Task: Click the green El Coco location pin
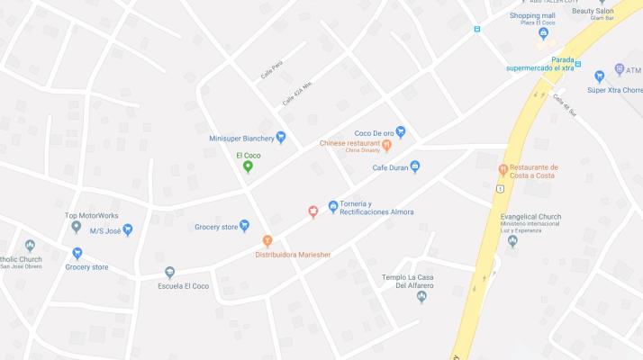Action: click(x=249, y=166)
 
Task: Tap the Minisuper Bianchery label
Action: click(x=240, y=138)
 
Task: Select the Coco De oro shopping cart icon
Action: click(x=401, y=132)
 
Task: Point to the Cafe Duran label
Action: click(x=390, y=166)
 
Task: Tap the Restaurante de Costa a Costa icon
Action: click(x=503, y=169)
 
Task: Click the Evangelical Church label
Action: click(x=530, y=216)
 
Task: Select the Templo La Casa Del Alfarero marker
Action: click(x=421, y=297)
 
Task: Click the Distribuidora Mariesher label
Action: click(x=293, y=255)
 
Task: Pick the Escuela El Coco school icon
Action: click(x=169, y=273)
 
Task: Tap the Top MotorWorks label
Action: click(x=91, y=216)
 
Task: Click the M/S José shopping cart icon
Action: click(x=127, y=230)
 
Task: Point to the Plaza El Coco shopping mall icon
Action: click(x=542, y=34)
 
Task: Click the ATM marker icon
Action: click(x=620, y=69)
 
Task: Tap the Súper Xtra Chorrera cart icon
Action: click(x=599, y=76)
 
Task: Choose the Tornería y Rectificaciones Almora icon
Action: click(x=333, y=207)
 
